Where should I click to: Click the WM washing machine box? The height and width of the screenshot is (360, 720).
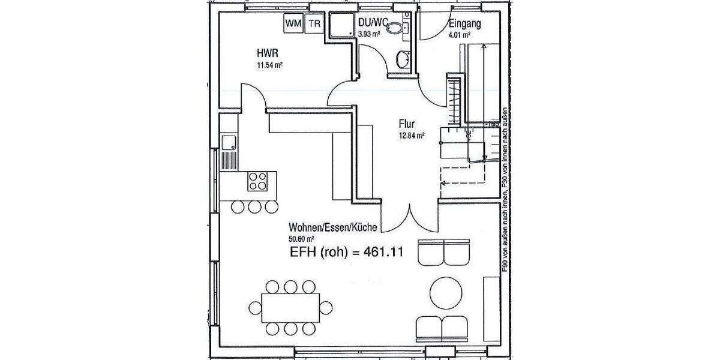[x=293, y=23]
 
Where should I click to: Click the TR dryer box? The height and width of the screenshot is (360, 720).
[x=314, y=23]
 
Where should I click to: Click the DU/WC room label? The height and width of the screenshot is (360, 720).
[x=372, y=23]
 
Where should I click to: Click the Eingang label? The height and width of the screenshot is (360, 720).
[x=465, y=25]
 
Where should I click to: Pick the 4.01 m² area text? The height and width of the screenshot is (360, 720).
[x=459, y=35]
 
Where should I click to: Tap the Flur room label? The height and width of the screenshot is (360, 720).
[x=406, y=124]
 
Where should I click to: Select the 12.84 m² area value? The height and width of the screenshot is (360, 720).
[x=411, y=136]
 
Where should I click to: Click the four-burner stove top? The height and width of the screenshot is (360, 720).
[x=258, y=181]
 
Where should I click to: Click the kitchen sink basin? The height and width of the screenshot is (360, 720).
[x=229, y=142]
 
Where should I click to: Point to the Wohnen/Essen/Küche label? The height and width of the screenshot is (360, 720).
[x=332, y=228]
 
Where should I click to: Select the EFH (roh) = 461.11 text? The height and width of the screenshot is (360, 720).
[x=346, y=253]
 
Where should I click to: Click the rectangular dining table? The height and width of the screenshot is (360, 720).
[x=290, y=307]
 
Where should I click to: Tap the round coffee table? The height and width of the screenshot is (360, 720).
[x=446, y=292]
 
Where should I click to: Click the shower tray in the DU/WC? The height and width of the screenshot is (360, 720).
[x=339, y=26]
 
